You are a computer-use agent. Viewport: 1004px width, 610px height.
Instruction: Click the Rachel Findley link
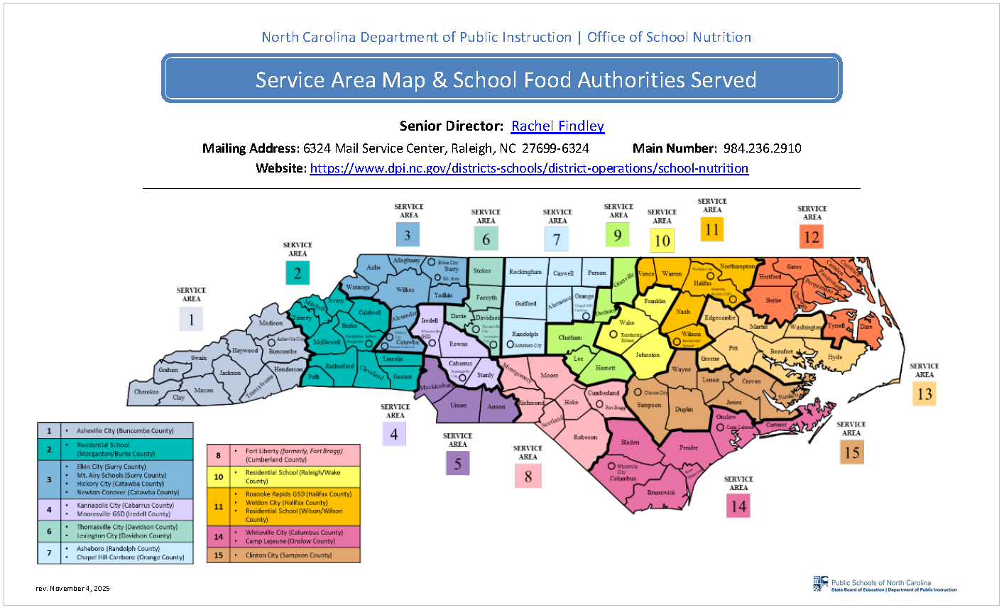pos(557,126)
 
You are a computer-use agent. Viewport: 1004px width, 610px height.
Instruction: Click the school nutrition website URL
pos(529,168)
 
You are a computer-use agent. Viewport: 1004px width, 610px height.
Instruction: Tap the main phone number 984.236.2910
pos(762,148)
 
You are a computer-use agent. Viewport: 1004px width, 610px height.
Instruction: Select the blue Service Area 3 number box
pos(408,235)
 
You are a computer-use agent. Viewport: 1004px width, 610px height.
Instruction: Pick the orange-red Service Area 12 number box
pos(811,237)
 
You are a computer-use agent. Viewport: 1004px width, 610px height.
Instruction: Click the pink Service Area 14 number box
pos(738,506)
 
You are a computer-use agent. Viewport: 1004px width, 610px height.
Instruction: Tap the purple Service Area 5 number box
pos(457,464)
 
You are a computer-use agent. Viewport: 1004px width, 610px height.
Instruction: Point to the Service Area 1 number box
pos(191,320)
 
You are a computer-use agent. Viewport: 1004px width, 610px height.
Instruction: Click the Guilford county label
pos(525,303)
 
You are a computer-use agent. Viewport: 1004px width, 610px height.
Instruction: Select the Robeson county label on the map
pos(585,437)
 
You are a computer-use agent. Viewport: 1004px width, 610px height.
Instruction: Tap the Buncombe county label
pos(283,351)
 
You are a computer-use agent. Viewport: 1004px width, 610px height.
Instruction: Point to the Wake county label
pos(626,322)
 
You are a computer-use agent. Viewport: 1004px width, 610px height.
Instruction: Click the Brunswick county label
pos(661,492)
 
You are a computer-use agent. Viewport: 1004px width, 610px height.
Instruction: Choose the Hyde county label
pos(835,357)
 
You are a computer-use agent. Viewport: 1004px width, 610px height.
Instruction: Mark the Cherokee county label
pos(147,391)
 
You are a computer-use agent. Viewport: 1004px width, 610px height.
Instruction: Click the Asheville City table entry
pos(125,430)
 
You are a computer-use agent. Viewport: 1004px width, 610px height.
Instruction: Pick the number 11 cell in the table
pos(219,506)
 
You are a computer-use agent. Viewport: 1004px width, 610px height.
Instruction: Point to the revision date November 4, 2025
pos(73,588)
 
